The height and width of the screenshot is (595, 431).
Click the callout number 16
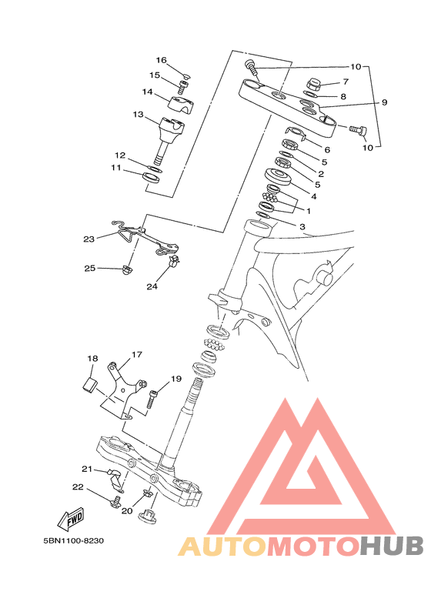162,60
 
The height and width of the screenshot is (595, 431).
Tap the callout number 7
346,81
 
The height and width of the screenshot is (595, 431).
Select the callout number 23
89,239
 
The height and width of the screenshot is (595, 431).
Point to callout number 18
92,358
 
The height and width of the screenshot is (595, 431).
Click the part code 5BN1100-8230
73,540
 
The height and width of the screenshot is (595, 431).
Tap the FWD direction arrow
71,518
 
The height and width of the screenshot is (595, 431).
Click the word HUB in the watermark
391,546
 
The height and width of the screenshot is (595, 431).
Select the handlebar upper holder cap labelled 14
181,104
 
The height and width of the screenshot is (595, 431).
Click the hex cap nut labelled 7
314,84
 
